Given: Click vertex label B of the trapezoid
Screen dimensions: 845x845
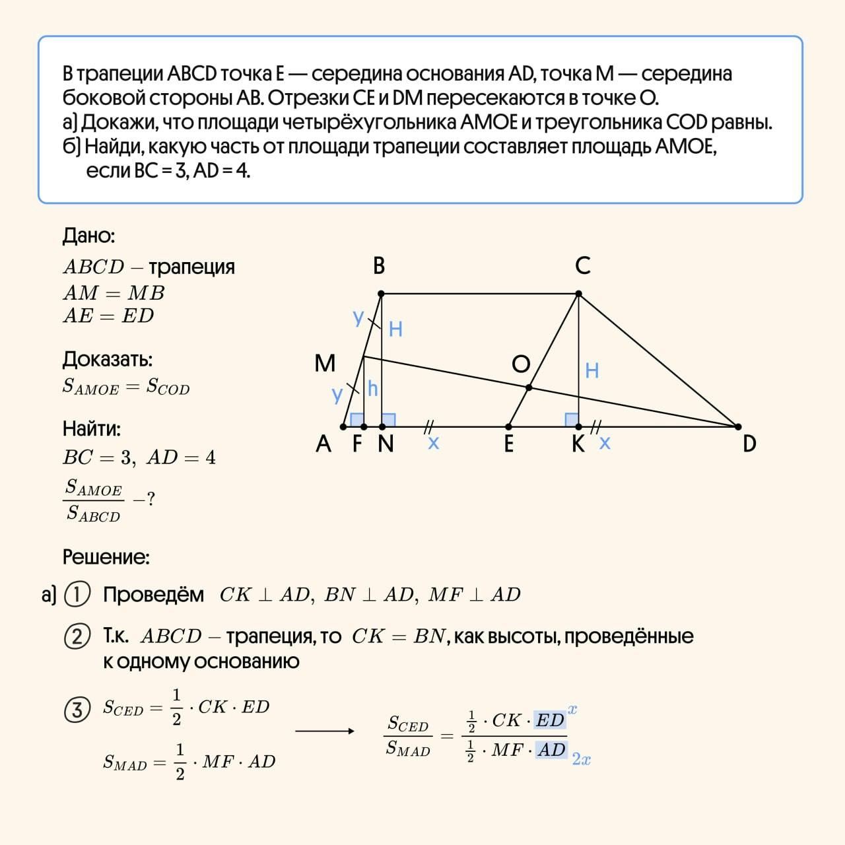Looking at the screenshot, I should click(378, 265).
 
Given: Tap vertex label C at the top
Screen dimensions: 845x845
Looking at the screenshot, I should click(582, 265).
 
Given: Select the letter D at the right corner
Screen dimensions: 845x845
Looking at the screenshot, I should click(749, 444).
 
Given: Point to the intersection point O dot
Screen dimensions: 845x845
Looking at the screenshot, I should click(528, 388).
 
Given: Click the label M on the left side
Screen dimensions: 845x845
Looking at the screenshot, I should click(325, 363).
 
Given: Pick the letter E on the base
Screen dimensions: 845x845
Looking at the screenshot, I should click(508, 444).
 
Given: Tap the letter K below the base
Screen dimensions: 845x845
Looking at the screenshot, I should click(578, 444).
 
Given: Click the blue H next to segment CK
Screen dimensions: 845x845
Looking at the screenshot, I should click(592, 370).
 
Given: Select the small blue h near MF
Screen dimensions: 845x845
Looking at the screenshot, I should click(372, 389).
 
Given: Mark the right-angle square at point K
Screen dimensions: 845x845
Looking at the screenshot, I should click(572, 420).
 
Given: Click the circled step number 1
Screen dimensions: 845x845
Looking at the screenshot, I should click(77, 595).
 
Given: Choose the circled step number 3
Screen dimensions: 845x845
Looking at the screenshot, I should click(77, 710).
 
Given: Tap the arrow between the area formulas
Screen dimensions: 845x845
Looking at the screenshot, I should click(324, 731).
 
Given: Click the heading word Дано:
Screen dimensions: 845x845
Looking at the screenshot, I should click(88, 236).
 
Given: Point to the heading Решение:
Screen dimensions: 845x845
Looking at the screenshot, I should click(106, 557).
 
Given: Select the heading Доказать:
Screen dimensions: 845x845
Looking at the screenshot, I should click(107, 359).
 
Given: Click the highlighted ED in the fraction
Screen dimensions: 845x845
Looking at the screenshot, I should click(550, 720).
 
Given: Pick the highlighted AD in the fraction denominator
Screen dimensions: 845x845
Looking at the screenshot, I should click(551, 750).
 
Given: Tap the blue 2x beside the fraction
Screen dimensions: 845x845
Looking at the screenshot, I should click(581, 759).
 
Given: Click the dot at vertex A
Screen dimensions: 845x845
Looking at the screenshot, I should click(343, 426).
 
